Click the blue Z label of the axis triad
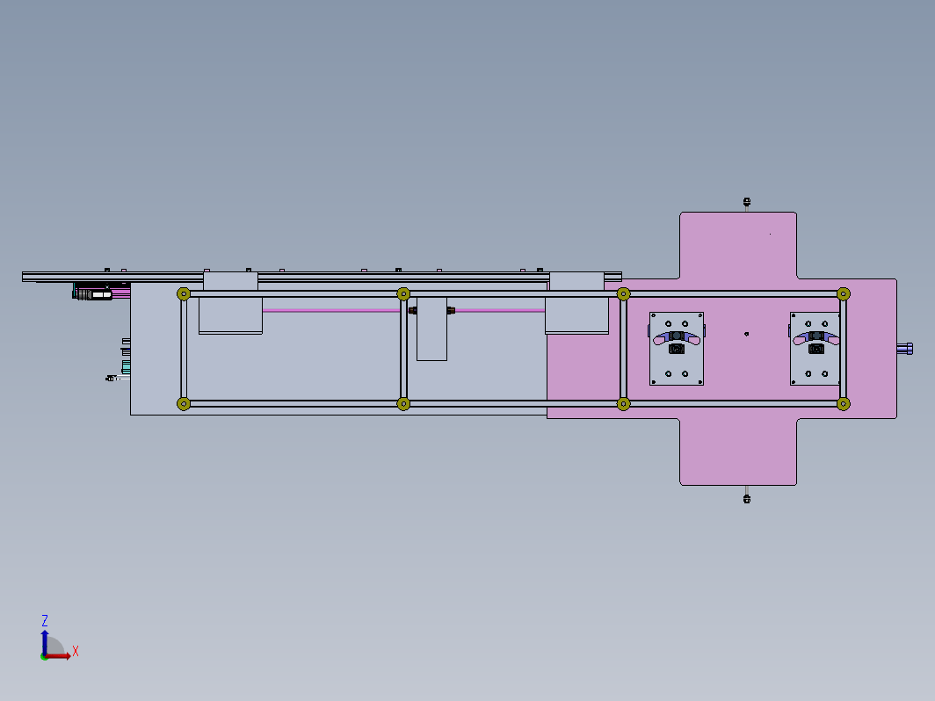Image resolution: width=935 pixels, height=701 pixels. [44, 620]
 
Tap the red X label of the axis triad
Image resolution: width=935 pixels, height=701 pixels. [76, 651]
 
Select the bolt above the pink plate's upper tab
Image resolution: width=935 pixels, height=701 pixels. [747, 202]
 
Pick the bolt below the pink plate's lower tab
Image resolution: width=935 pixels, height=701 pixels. [747, 498]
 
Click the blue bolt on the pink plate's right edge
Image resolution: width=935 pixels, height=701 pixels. [905, 349]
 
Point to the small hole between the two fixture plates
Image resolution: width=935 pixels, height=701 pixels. [747, 335]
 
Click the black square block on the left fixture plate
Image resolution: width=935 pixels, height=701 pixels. [677, 349]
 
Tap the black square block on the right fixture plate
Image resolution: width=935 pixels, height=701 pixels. [816, 349]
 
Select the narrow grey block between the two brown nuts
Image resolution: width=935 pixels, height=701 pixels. [431, 329]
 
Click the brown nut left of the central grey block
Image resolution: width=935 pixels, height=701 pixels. [413, 311]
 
